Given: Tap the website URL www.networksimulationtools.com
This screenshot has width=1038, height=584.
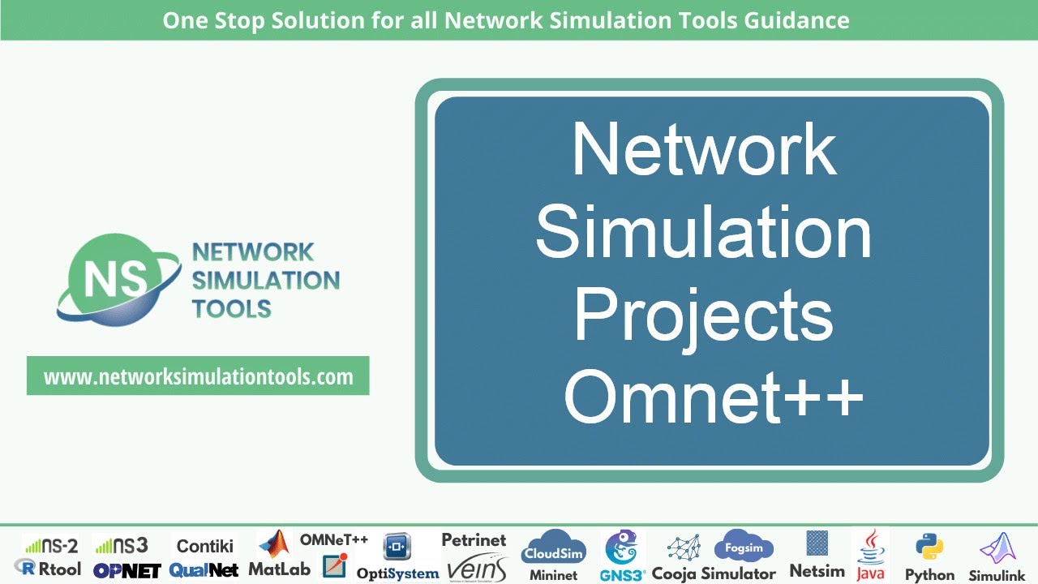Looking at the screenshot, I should coord(198,376).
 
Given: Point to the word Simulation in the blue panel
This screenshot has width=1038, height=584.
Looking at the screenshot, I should coord(703,232).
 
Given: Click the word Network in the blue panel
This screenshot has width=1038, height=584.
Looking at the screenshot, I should coord(703,149).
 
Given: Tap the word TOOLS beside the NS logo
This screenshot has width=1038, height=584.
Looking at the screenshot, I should coord(231,308).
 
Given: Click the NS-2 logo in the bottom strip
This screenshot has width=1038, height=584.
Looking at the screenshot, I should coord(50,545).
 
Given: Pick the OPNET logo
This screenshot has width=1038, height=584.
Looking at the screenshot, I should coord(127,570).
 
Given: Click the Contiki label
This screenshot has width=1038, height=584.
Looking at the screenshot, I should coord(204,546).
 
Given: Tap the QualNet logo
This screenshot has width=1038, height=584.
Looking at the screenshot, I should coord(204,570).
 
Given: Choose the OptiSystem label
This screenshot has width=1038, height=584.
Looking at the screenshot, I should coord(397,573).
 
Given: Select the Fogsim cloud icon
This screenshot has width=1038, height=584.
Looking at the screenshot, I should coord(744,547).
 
